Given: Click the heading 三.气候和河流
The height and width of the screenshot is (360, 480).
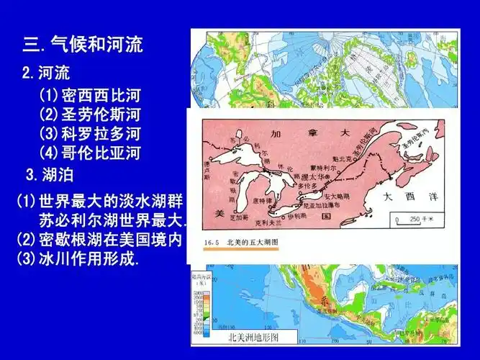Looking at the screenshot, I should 83,45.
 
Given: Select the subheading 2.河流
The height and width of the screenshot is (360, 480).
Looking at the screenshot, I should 46,73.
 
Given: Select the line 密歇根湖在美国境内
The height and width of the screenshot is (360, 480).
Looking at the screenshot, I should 101,238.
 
